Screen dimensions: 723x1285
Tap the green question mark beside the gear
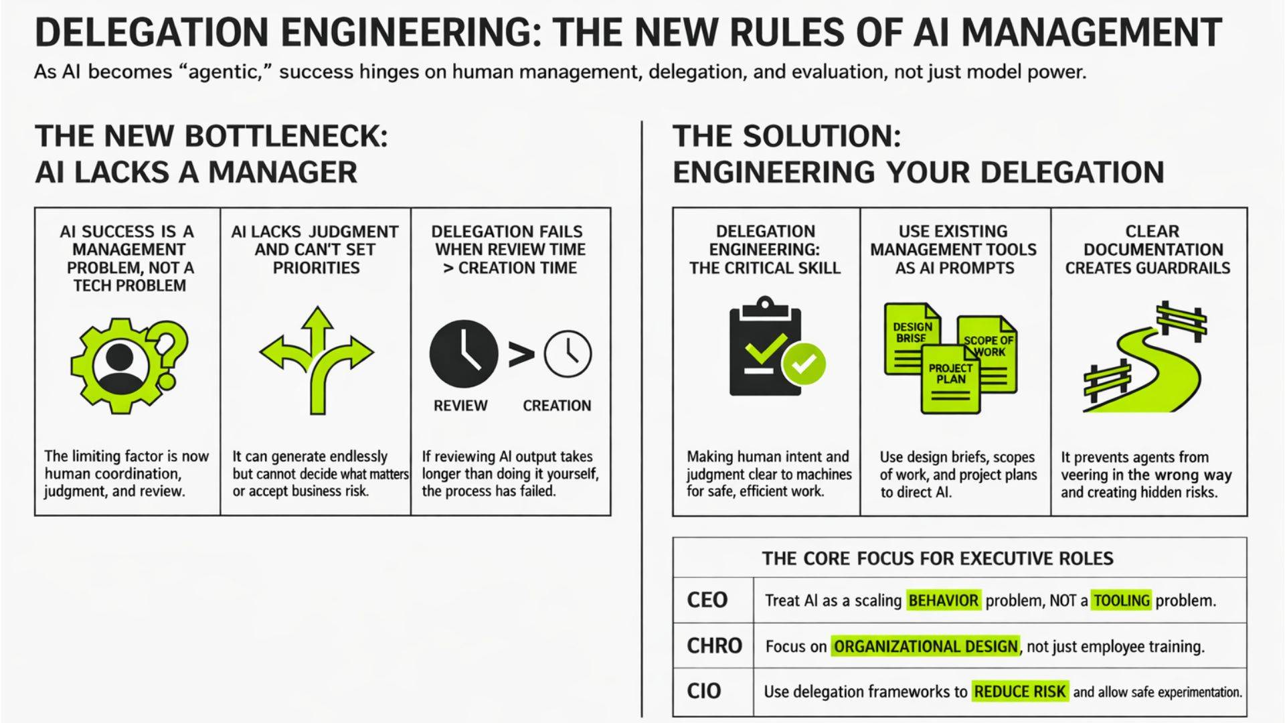[171, 345]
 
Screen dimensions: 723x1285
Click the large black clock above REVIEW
[463, 354]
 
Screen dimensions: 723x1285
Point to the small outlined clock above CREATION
[568, 354]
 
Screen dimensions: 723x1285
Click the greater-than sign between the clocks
[521, 355]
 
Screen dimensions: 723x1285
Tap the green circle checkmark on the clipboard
[804, 364]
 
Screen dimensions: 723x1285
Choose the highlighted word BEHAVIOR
[943, 600]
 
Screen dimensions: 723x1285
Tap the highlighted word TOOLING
[1121, 600]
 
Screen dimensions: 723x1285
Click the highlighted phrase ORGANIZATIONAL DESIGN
[926, 647]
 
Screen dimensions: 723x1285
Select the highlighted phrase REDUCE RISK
[1019, 692]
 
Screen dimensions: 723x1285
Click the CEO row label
[707, 600]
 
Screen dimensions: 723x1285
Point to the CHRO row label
[714, 646]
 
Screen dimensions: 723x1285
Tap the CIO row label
[703, 691]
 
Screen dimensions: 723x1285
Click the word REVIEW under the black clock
[460, 406]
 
